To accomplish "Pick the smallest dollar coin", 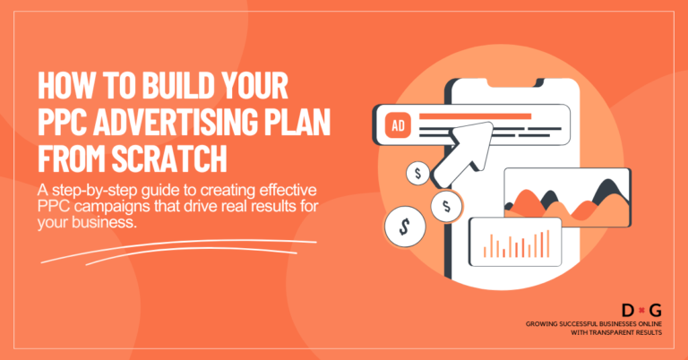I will click(x=417, y=172).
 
